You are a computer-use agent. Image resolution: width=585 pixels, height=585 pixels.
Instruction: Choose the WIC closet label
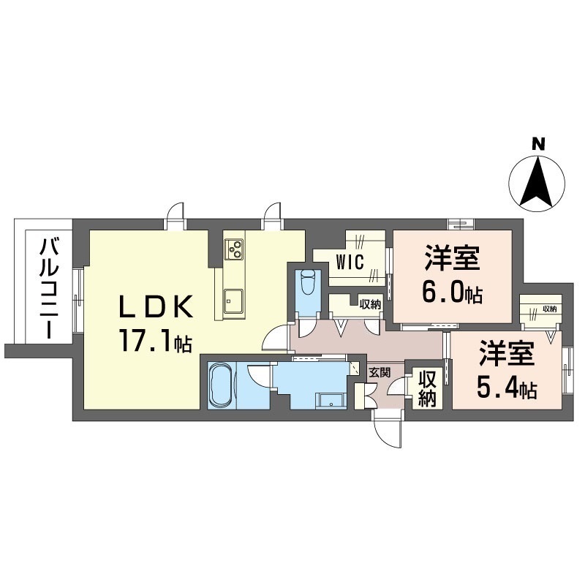(x=350, y=262)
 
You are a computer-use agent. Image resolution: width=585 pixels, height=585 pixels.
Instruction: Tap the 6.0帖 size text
(x=451, y=293)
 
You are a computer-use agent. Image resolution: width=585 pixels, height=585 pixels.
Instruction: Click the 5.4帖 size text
(x=507, y=389)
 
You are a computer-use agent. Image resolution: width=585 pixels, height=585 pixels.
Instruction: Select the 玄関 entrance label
(x=380, y=372)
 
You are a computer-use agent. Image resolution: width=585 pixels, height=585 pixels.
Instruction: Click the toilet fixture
(x=307, y=282)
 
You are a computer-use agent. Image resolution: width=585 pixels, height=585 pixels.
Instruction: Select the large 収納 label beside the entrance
(x=427, y=389)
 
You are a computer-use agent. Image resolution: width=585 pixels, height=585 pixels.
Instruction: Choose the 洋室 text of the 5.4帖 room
(x=507, y=357)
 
